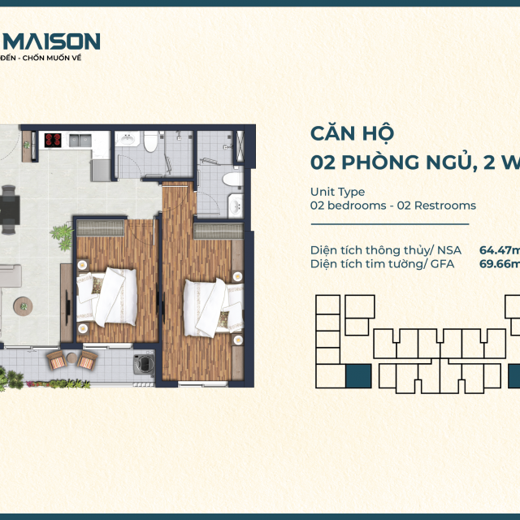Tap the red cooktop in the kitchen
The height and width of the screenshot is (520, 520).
pos(54,141)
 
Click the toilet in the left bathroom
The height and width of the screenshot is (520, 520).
pos(149,143)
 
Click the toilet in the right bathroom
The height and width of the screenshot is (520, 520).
pos(231,180)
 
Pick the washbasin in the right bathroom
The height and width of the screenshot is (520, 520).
pos(236,205)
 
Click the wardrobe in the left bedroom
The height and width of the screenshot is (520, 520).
pos(101,228)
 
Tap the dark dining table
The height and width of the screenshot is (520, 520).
pos(9,208)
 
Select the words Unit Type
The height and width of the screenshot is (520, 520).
pos(337,192)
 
